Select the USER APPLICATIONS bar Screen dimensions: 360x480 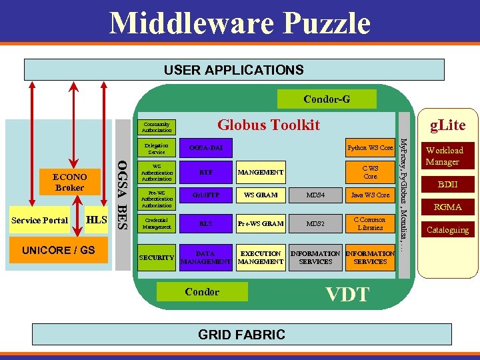[x=233, y=70]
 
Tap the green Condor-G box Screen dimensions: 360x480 [x=327, y=99]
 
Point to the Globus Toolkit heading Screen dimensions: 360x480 [x=269, y=125]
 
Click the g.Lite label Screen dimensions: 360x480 [x=448, y=125]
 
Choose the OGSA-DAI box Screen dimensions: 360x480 [x=206, y=147]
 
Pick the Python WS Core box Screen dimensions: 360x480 [x=370, y=147]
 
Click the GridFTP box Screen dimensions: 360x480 [x=206, y=195]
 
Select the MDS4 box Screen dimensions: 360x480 [x=315, y=195]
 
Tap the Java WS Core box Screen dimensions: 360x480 [x=370, y=195]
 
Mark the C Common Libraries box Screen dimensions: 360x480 [x=370, y=223]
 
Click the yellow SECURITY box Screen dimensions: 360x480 [x=157, y=257]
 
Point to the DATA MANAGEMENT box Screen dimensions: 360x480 [x=206, y=257]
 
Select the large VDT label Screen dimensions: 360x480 [x=347, y=294]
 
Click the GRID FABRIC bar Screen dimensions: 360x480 [x=241, y=335]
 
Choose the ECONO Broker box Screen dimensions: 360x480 [x=69, y=183]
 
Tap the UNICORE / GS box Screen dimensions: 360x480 [x=59, y=250]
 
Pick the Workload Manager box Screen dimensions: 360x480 [x=444, y=156]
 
